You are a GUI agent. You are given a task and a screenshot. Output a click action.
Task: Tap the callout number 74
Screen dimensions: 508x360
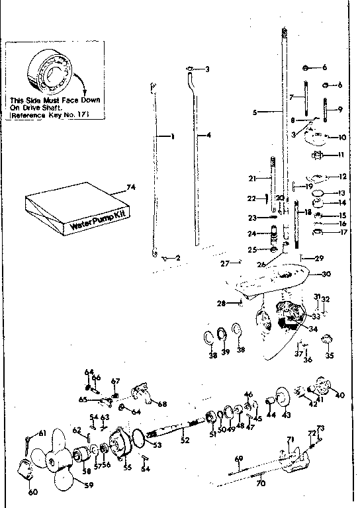point(130,189)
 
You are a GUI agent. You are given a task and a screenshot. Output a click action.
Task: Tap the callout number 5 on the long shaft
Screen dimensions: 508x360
point(255,112)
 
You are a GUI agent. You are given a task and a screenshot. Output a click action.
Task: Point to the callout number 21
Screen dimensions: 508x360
point(251,178)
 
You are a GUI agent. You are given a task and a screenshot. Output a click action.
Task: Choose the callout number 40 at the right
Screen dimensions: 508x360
point(340,396)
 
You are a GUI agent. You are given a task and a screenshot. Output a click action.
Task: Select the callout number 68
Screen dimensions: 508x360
point(162,404)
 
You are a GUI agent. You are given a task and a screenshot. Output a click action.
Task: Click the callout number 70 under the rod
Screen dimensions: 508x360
point(261,484)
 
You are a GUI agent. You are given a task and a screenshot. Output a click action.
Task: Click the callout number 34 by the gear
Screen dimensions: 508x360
point(313,328)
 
